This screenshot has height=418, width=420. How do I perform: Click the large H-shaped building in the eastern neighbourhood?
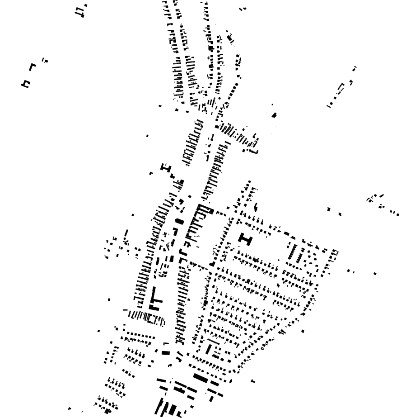point(246,239)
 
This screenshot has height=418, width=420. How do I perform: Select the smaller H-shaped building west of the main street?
point(166,168)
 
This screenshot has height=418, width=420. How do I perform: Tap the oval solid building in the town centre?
point(179,222)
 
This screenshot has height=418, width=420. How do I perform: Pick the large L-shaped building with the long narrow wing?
point(154,299)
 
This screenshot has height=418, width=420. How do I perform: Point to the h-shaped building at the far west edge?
point(26,84)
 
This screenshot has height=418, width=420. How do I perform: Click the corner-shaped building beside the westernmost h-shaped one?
point(33,67)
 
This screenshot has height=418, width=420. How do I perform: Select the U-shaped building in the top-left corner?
point(80,11)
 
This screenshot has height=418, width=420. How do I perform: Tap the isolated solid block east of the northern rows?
point(274,115)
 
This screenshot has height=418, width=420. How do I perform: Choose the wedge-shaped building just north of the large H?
point(256,208)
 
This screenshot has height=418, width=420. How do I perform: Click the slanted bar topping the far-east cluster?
point(382,196)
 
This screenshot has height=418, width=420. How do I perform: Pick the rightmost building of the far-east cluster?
point(397,214)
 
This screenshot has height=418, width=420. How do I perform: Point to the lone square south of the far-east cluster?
point(375,273)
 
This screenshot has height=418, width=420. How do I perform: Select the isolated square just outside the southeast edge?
point(303,331)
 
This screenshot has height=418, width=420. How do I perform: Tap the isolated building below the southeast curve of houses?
point(253,381)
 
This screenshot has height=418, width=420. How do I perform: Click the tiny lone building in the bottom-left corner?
point(70,409)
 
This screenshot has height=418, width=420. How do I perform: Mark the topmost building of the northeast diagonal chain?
point(355,69)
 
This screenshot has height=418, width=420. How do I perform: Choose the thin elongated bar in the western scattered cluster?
point(126,233)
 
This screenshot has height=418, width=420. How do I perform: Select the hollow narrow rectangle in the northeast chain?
point(341,89)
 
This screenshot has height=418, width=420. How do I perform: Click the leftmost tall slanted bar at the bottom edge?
point(158,406)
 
